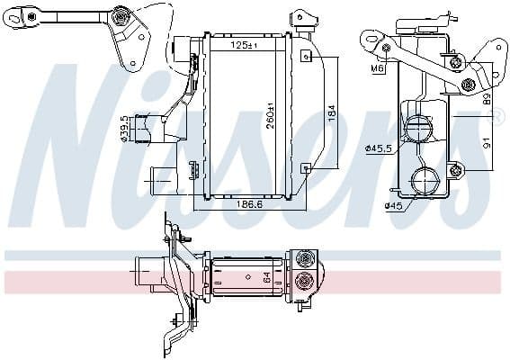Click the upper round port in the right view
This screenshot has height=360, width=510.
tap(420, 129)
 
